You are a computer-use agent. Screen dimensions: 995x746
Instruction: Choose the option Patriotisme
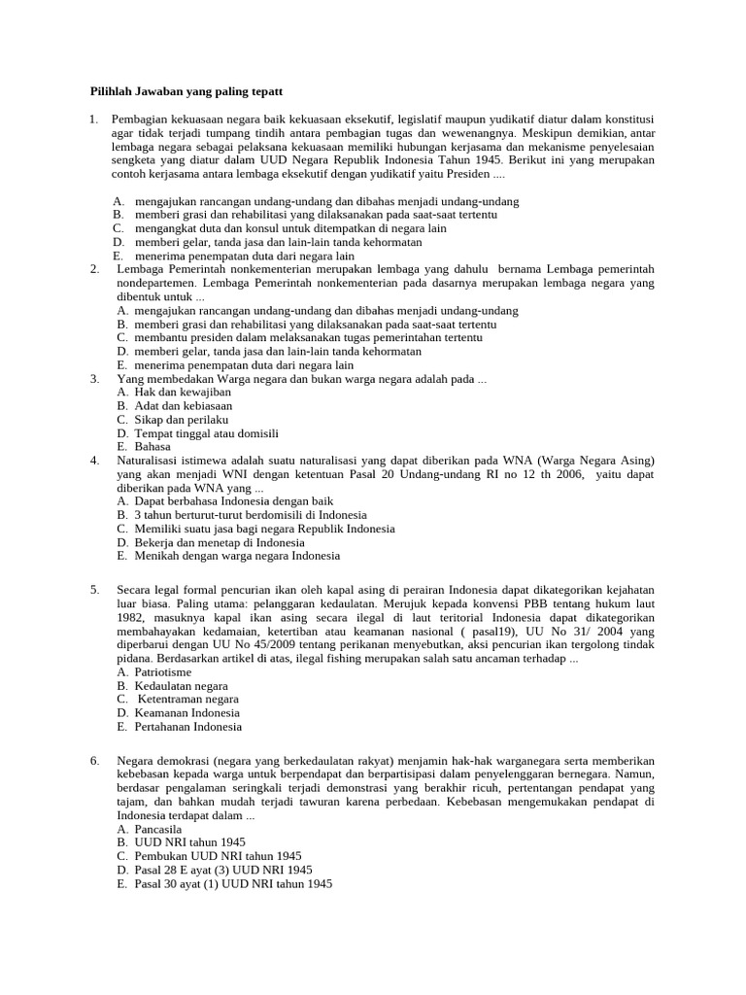pyautogui.click(x=163, y=671)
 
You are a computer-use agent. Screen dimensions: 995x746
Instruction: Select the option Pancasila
pyautogui.click(x=159, y=829)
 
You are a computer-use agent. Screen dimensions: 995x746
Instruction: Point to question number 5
pyautogui.click(x=94, y=590)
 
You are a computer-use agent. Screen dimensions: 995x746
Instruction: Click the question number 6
pyautogui.click(x=94, y=761)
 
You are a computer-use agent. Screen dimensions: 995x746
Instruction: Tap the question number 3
pyautogui.click(x=94, y=378)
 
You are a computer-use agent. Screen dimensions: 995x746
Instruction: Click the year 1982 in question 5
pyautogui.click(x=131, y=617)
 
